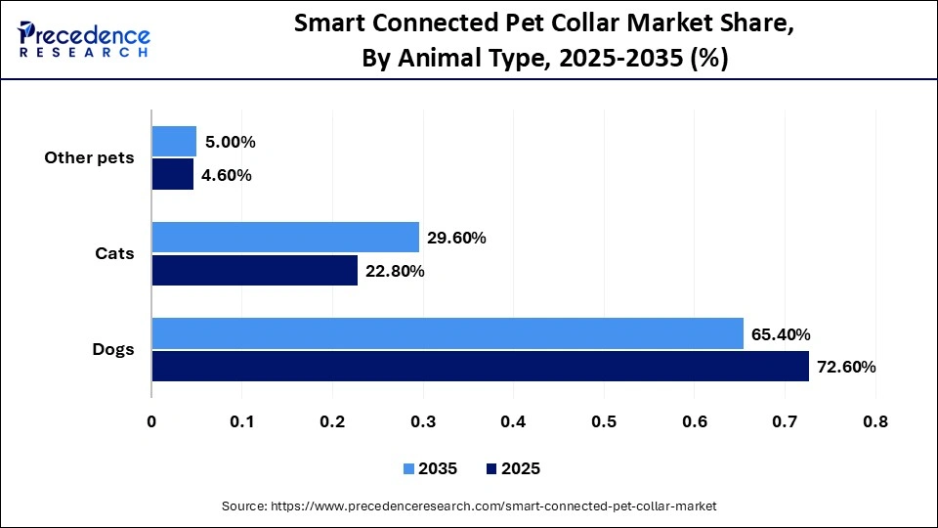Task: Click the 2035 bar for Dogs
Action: click(x=447, y=333)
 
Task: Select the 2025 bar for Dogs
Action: click(x=480, y=367)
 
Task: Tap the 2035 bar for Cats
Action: click(x=284, y=238)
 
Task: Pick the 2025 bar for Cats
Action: click(x=254, y=271)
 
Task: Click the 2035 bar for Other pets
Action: click(x=174, y=142)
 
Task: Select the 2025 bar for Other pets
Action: click(x=172, y=175)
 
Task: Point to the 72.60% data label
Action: click(x=846, y=368)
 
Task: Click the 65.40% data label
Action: click(x=781, y=334)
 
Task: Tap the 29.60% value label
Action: click(x=456, y=238)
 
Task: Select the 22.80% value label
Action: click(x=395, y=271)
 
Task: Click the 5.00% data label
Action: click(x=230, y=142)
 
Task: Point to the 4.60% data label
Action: click(x=227, y=175)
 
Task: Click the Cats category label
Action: click(x=114, y=254)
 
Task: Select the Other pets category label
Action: click(x=89, y=158)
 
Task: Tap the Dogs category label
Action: click(x=112, y=349)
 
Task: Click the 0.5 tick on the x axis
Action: click(x=604, y=421)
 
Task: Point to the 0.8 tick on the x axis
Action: click(x=875, y=421)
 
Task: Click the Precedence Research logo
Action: click(x=84, y=38)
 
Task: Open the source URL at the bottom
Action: click(x=469, y=506)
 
